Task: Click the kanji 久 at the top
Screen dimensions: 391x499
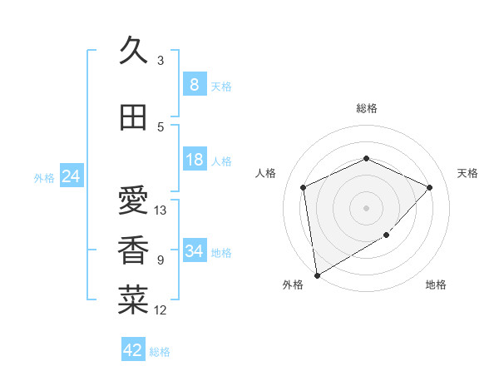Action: [133, 52]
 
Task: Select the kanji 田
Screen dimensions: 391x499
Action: [133, 117]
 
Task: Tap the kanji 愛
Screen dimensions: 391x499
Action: [133, 200]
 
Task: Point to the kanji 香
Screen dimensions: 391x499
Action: [133, 250]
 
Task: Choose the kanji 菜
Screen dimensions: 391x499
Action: [133, 300]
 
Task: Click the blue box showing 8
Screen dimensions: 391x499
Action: [194, 85]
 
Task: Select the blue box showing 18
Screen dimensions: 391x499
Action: [194, 160]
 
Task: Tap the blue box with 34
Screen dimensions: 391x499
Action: [194, 251]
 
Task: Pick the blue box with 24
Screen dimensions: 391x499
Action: [71, 176]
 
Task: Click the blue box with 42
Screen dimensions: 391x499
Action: [133, 350]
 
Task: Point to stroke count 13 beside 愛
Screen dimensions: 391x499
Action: [161, 210]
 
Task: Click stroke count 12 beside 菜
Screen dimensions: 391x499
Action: [161, 310]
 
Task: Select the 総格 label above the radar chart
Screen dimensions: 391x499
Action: [366, 108]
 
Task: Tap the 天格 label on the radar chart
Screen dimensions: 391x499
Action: [467, 173]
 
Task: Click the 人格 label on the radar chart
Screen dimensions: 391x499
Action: [265, 173]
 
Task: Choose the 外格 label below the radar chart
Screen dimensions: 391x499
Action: [293, 285]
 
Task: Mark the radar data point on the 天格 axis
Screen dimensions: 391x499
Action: [429, 187]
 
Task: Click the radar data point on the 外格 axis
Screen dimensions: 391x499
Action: [317, 275]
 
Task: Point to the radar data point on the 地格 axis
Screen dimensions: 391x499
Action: [386, 235]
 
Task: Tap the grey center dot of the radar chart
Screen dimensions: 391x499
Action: [366, 207]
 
